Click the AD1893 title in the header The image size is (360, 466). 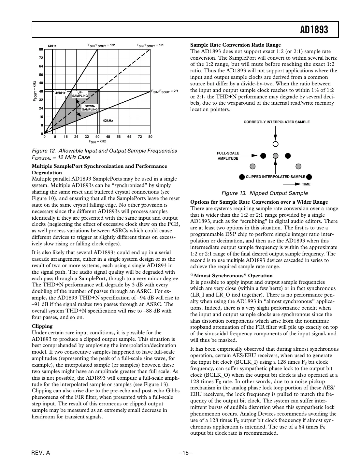coord(314,30)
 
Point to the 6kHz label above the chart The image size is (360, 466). coord(52,46)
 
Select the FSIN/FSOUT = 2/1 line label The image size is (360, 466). coord(165,92)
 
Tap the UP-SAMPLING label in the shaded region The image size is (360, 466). coord(80,94)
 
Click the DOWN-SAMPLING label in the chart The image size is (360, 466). coord(90,108)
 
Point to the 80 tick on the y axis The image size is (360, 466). coord(41,50)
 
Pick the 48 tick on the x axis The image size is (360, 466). coord(108,137)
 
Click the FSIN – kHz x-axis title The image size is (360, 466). coord(97,142)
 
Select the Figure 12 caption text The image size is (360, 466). coord(104,154)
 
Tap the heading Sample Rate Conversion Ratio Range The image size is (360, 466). coord(235,45)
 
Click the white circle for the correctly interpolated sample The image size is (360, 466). coord(276,144)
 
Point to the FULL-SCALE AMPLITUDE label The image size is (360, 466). coord(228,156)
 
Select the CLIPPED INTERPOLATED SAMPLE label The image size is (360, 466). coord(275,177)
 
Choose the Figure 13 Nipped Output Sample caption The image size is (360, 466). coord(265,193)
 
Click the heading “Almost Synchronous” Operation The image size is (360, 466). coord(231,276)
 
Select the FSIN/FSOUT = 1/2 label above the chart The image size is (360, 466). coord(101,45)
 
